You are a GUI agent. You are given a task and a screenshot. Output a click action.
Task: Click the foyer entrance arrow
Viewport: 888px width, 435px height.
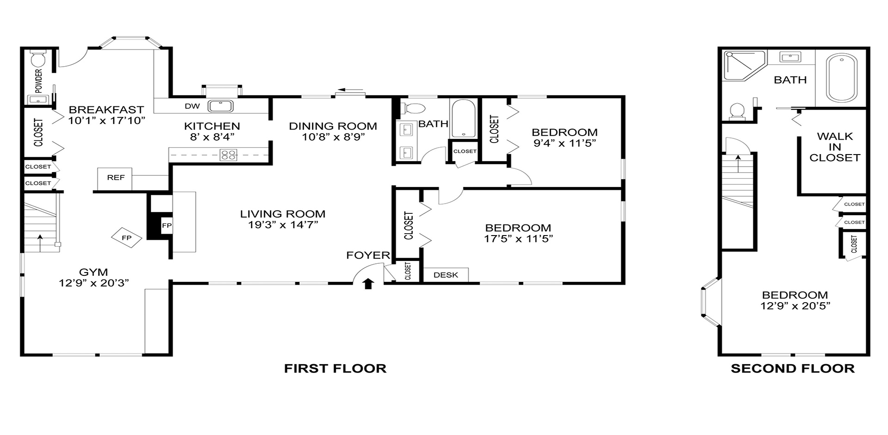click(368, 283)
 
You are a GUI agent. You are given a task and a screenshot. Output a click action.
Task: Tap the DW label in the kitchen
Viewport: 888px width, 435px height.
click(192, 106)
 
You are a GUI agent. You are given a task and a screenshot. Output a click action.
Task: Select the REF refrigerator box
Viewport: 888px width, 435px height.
click(115, 178)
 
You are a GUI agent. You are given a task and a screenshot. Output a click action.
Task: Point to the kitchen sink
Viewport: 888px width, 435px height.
click(221, 106)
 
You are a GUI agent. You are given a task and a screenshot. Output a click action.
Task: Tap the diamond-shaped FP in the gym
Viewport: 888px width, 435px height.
click(126, 238)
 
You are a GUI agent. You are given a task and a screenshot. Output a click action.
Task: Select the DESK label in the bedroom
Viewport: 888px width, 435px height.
click(446, 275)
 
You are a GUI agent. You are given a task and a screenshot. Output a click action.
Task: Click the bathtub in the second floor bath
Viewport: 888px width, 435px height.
click(841, 78)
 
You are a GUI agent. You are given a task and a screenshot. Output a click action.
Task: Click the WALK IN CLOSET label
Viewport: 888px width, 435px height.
click(834, 147)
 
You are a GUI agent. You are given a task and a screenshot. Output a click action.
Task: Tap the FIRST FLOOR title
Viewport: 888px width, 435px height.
click(335, 368)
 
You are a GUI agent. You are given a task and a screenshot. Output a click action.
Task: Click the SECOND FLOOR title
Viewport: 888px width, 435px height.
click(792, 368)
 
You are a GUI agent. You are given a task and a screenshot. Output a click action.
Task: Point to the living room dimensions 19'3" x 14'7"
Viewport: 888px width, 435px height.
click(283, 225)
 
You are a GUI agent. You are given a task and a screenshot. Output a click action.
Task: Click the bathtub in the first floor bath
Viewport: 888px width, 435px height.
click(463, 118)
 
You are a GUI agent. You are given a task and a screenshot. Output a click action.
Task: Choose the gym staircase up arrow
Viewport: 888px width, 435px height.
click(40, 242)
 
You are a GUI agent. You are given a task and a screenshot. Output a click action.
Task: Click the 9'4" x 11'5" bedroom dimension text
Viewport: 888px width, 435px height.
click(564, 143)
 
